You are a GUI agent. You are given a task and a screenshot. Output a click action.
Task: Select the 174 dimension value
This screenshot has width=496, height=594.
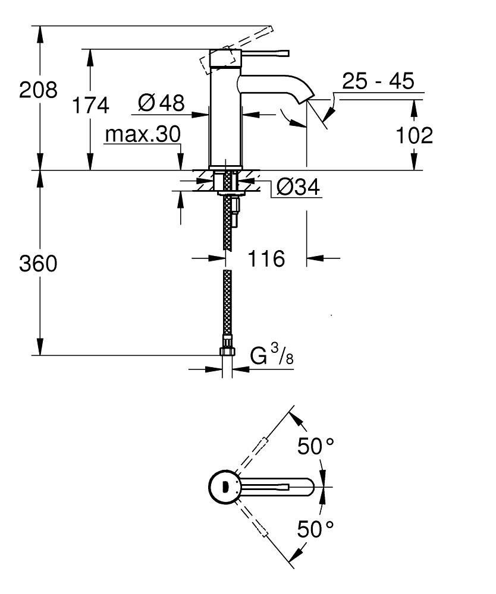tap(90, 106)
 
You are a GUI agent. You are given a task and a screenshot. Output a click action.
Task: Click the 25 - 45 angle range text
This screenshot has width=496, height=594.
tap(378, 81)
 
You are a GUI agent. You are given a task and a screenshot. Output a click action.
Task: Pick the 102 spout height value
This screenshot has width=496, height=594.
tap(415, 135)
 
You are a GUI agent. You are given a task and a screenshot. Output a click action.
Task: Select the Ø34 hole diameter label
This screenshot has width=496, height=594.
tap(298, 188)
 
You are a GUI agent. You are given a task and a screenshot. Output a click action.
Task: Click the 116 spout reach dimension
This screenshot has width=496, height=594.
tap(266, 258)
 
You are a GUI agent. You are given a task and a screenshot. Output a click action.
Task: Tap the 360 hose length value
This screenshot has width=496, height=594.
tap(39, 263)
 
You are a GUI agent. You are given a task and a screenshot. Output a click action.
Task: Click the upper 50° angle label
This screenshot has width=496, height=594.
tap(316, 447)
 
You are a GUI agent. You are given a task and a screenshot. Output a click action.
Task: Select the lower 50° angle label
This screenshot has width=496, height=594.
tap(316, 528)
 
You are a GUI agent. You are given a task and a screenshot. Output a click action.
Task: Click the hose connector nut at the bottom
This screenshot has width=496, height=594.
tap(227, 351)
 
